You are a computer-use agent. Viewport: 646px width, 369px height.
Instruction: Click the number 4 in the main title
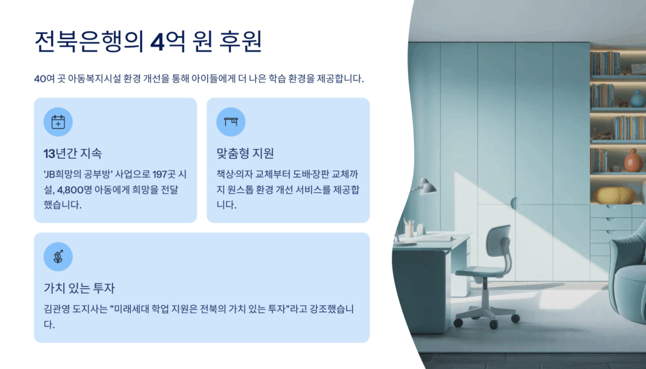point(157,42)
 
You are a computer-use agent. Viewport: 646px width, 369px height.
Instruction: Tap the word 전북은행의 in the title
point(89,42)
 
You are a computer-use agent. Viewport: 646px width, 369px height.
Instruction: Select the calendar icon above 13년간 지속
point(58,122)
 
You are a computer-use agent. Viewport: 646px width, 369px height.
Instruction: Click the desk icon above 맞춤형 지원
point(231,122)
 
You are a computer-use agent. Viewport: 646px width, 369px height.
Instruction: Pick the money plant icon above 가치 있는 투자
point(58,257)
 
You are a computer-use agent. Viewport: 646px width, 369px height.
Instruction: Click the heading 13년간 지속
point(73,154)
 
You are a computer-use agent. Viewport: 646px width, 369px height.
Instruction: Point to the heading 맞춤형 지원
point(245,154)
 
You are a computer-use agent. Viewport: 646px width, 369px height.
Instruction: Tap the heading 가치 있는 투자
point(79,288)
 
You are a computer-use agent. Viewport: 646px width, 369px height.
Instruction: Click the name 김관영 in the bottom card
point(57,309)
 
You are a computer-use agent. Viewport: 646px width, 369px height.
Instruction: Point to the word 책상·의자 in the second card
point(235,174)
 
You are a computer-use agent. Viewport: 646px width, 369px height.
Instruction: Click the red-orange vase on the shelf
point(633,161)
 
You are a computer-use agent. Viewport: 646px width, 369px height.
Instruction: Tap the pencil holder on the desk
point(409,228)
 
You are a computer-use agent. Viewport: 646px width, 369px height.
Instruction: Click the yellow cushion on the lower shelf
point(614,195)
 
